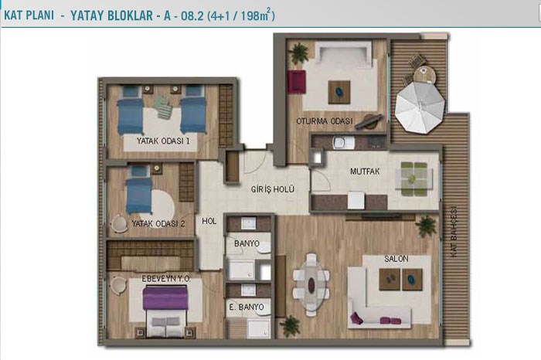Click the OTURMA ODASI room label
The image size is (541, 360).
click(325, 121)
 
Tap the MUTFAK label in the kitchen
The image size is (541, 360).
click(365, 172)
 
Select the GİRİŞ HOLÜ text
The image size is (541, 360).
click(273, 189)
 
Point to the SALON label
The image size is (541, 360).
click(396, 259)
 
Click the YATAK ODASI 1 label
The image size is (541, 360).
click(163, 141)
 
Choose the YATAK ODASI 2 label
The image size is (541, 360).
click(158, 224)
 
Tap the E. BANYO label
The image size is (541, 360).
click(247, 307)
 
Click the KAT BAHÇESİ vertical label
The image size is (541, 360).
click(454, 232)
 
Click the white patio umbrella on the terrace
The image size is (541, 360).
click(420, 107)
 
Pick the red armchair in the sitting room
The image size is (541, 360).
click(296, 82)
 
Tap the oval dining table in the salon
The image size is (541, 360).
click(311, 285)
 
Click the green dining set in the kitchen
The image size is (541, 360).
click(413, 179)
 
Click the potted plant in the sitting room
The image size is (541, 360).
click(298, 53)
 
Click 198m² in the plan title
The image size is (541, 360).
click(255, 15)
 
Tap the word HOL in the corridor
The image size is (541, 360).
click(209, 221)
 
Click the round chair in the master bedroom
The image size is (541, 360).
click(119, 286)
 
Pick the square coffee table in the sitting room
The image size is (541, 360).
click(339, 92)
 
